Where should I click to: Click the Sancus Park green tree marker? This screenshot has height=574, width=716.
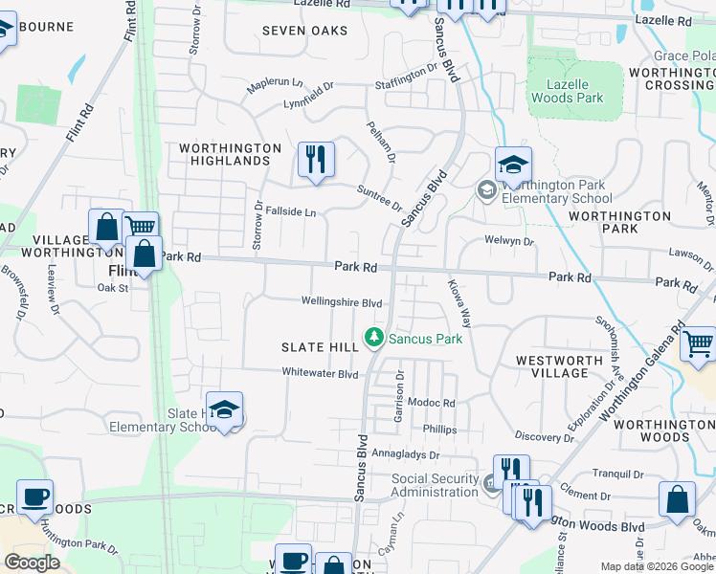pyautogui.click(x=373, y=338)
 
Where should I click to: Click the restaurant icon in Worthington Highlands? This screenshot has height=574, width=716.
pyautogui.click(x=316, y=159)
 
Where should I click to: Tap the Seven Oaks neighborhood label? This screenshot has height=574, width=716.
pyautogui.click(x=304, y=31)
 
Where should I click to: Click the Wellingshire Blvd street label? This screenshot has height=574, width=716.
pyautogui.click(x=342, y=302)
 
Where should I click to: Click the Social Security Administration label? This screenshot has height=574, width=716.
pyautogui.click(x=435, y=485)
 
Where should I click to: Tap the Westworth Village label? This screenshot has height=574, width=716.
pyautogui.click(x=559, y=367)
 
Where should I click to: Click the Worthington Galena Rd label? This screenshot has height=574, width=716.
pyautogui.click(x=640, y=374)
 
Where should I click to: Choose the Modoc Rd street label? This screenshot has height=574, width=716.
pyautogui.click(x=431, y=404)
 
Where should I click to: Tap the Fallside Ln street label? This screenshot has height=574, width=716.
pyautogui.click(x=291, y=211)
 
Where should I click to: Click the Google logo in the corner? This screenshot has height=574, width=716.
pyautogui.click(x=32, y=563)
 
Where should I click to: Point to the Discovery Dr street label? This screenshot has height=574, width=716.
pyautogui.click(x=543, y=436)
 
